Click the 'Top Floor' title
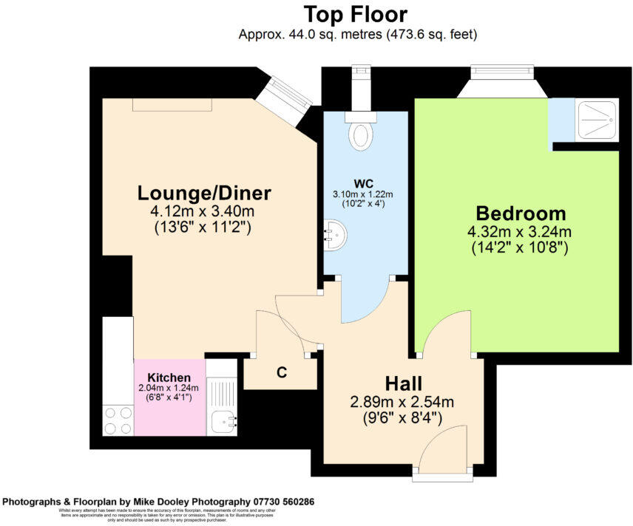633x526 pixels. pyautogui.click(x=356, y=14)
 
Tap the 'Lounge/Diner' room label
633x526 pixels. pyautogui.click(x=204, y=194)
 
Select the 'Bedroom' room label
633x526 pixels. pyautogui.click(x=521, y=214)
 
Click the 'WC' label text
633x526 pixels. pyautogui.click(x=362, y=183)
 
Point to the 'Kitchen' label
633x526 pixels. pyautogui.click(x=169, y=377)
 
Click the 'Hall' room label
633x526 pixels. pyautogui.click(x=403, y=383)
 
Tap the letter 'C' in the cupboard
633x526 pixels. pyautogui.click(x=282, y=373)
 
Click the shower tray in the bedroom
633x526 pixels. pyautogui.click(x=597, y=119)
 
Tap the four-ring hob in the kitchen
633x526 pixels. pyautogui.click(x=118, y=420)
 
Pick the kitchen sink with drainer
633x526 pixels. pyautogui.click(x=221, y=404)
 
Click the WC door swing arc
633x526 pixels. pyautogui.click(x=367, y=304)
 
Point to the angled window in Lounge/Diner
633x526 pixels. pyautogui.click(x=285, y=100)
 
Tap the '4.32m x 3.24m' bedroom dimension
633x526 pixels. pyautogui.click(x=520, y=232)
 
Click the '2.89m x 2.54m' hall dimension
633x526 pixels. pyautogui.click(x=402, y=402)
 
